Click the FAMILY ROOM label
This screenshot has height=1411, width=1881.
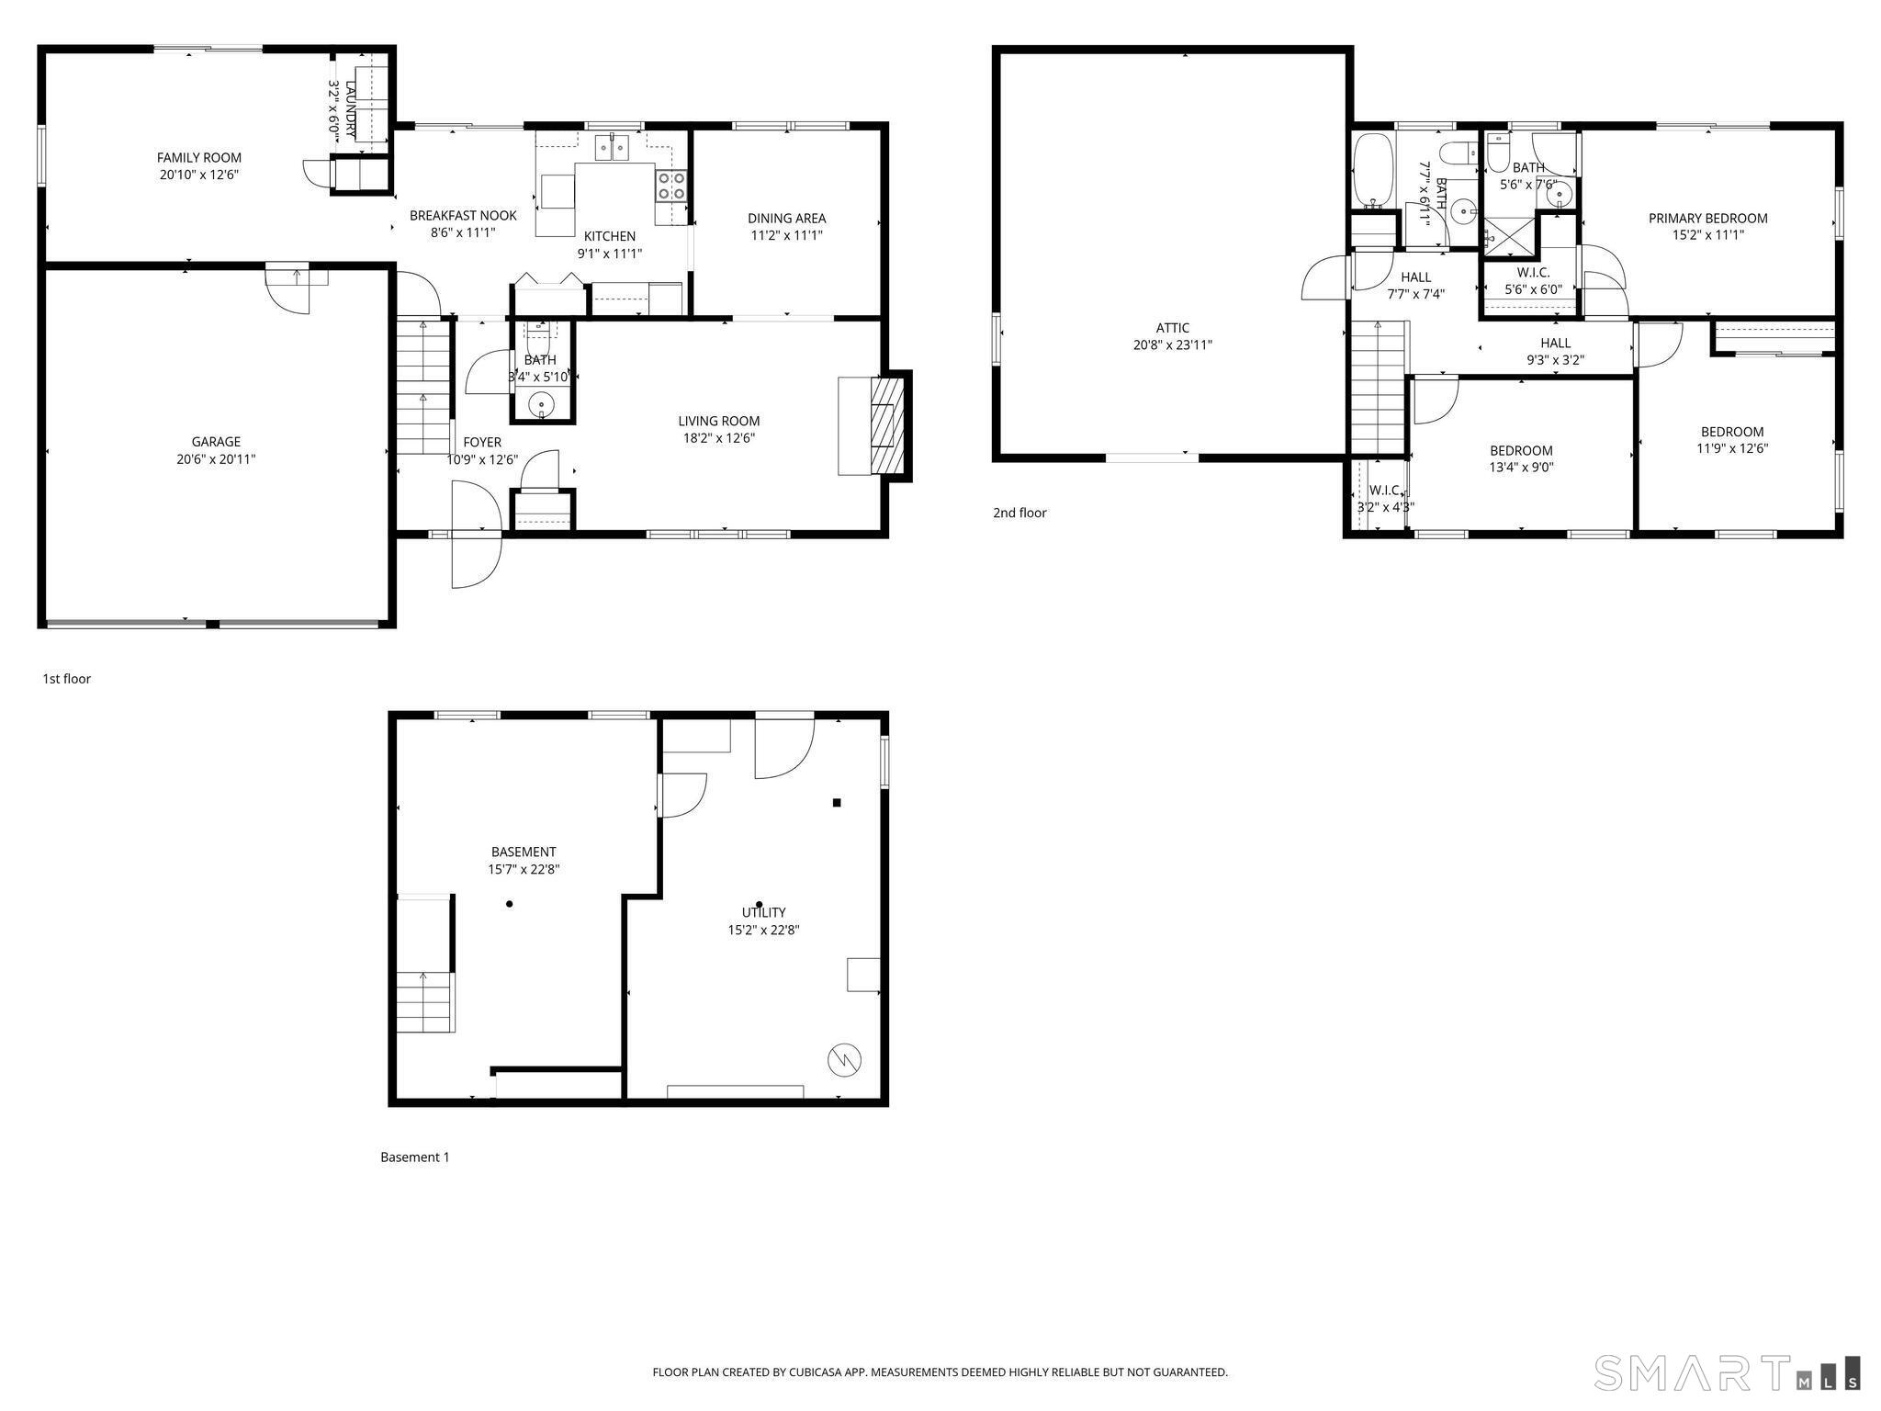point(198,158)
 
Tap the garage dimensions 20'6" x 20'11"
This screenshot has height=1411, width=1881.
point(216,459)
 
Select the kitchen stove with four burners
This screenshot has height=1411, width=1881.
point(671,186)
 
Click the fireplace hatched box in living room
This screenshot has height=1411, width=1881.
point(883,425)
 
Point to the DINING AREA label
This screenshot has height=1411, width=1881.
point(786,219)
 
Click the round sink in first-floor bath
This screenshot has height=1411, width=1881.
point(542,403)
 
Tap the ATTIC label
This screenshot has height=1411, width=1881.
point(1172,328)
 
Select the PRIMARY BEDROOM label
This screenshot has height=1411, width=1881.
point(1707,219)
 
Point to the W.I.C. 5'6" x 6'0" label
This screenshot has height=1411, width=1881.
point(1533,281)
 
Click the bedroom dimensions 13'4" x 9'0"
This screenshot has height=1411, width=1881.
point(1521,468)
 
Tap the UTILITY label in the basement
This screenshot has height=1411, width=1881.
point(763,912)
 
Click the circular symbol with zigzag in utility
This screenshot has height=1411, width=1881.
point(845,1060)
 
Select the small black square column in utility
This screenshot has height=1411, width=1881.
point(837,803)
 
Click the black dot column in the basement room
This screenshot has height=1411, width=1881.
point(510,904)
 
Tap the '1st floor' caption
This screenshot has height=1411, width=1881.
point(66,679)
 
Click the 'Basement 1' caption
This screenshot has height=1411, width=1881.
point(415,1157)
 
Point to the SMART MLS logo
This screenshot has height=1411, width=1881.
point(1727,1371)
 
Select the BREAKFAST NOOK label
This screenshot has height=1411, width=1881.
point(463,216)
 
